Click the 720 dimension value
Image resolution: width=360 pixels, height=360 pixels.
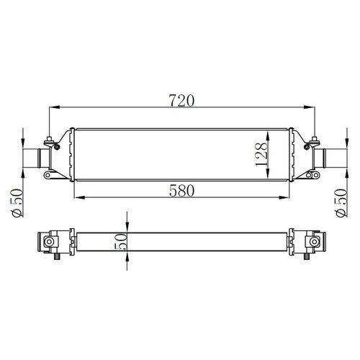tap(181, 101)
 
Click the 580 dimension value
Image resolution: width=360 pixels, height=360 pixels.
tap(181, 191)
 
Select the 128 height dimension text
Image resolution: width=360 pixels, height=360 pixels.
tap(261, 154)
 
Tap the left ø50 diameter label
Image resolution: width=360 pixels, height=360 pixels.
tap(17, 203)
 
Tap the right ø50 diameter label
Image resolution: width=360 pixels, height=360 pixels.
tap(341, 203)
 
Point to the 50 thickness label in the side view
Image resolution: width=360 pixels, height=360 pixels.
tap(122, 242)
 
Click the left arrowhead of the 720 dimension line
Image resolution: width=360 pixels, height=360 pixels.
tap(54, 107)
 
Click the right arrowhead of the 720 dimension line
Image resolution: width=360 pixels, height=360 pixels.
tap(309, 107)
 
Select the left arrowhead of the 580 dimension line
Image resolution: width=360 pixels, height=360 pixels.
tap(79, 197)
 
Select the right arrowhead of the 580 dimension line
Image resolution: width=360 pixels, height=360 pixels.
tap(283, 197)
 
